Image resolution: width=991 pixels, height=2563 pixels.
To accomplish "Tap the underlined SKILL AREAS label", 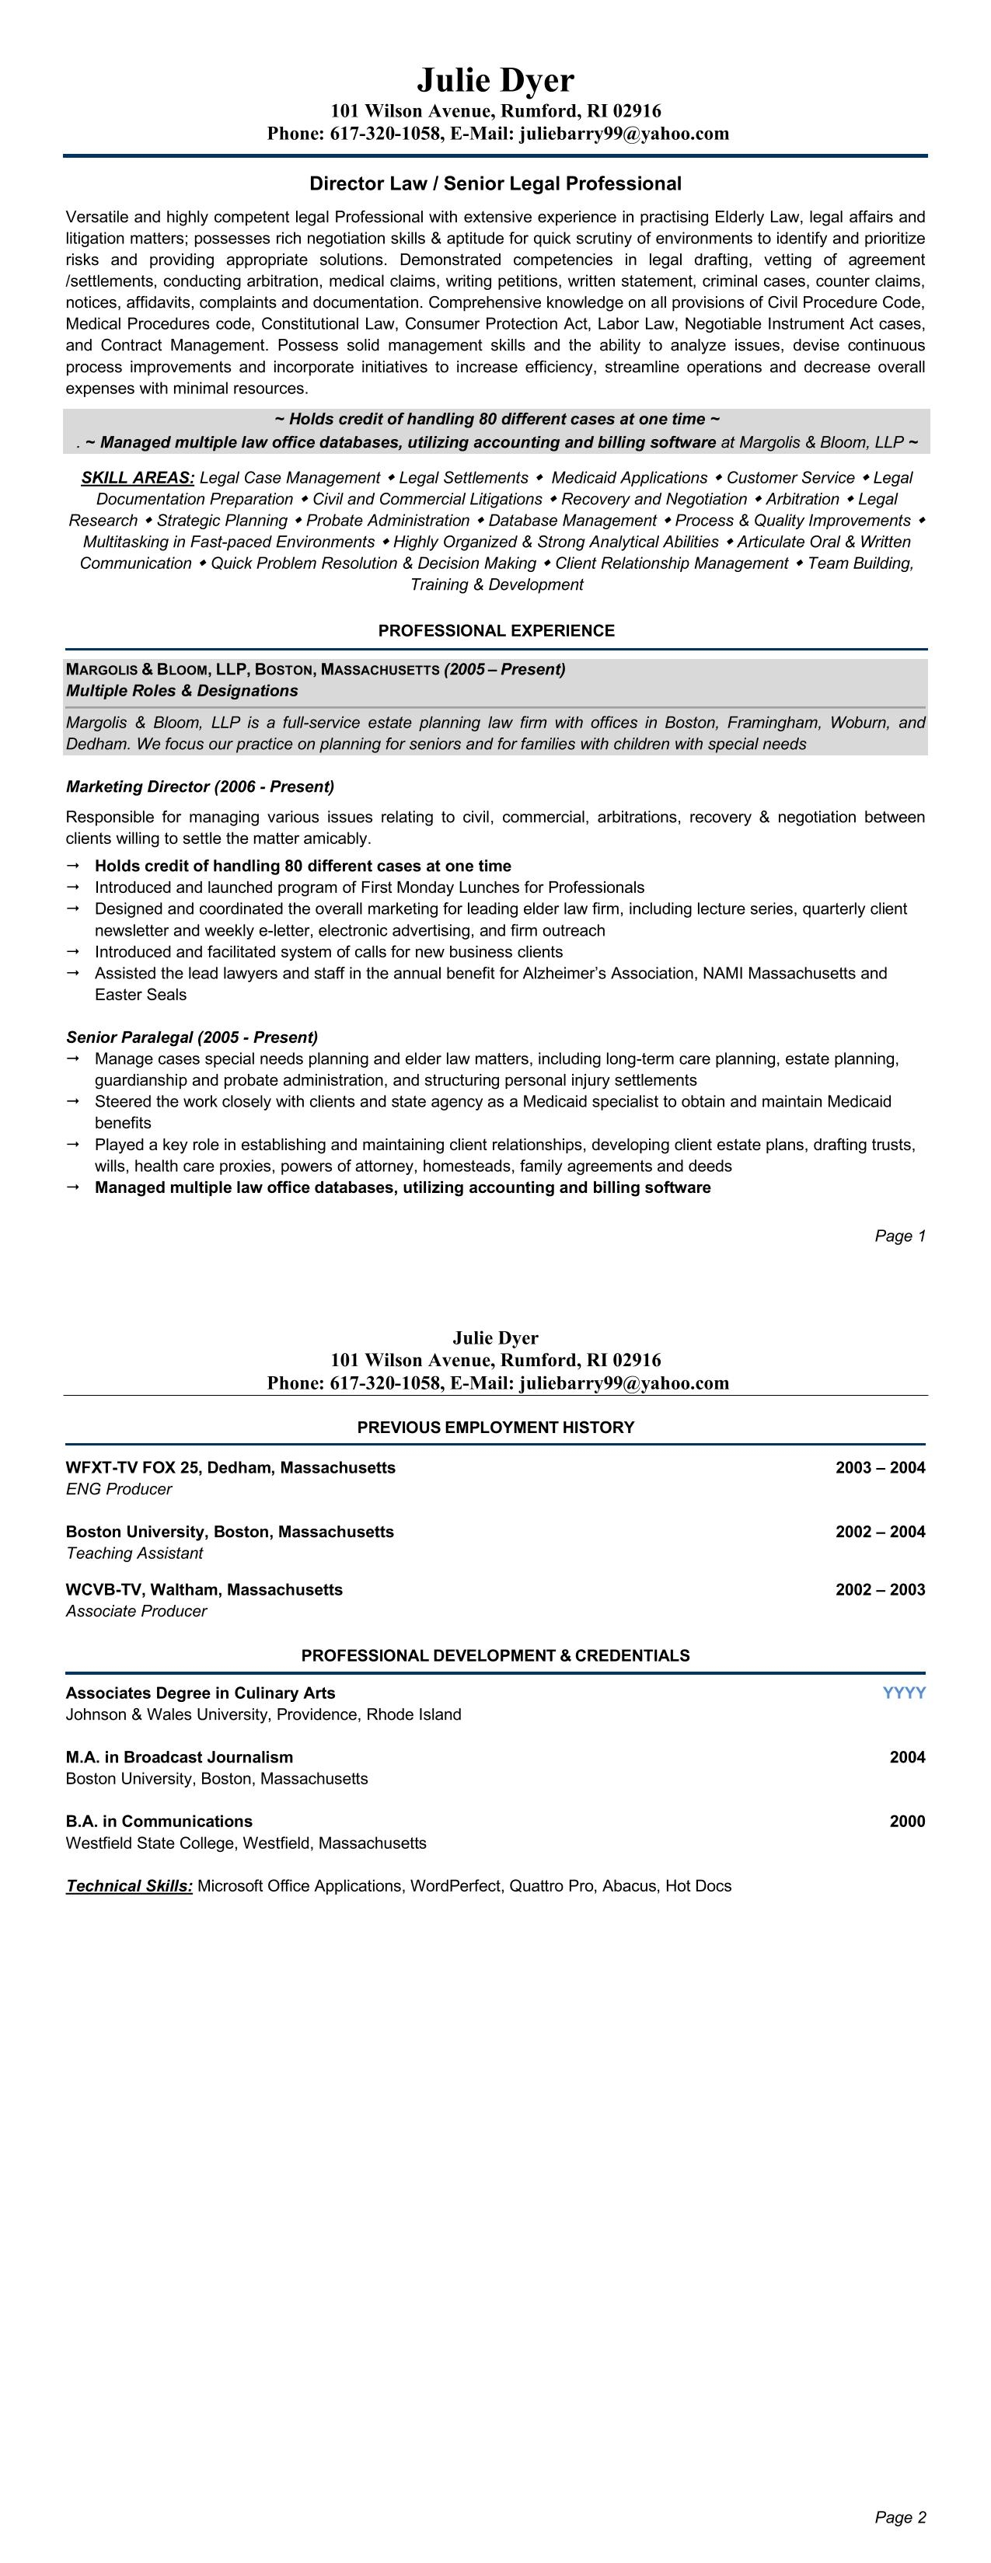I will [x=138, y=478].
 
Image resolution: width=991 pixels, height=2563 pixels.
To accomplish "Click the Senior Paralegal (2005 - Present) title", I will [x=192, y=1037].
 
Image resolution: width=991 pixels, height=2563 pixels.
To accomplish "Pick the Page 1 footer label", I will [x=899, y=1236].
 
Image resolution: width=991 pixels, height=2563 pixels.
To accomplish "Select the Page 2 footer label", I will [x=899, y=2517].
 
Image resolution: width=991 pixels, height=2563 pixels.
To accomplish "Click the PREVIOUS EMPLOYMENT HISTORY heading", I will [x=496, y=1428].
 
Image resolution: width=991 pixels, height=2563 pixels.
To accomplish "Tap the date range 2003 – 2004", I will [x=880, y=1467].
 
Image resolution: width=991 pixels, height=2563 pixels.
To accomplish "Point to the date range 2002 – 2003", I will [x=880, y=1590].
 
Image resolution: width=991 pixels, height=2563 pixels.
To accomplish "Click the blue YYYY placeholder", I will [x=903, y=1693].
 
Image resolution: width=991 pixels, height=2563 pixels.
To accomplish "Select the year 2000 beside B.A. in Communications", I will [x=906, y=1822].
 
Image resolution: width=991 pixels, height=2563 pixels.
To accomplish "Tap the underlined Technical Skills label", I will [x=129, y=1885].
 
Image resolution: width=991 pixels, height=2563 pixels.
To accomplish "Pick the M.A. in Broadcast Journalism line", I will [x=179, y=1757].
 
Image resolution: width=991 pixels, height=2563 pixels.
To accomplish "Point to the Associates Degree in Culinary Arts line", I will [x=200, y=1693].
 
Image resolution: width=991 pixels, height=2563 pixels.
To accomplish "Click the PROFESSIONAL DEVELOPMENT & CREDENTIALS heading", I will [x=496, y=1655].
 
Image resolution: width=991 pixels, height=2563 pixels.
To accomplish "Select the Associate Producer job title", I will [x=136, y=1611].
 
